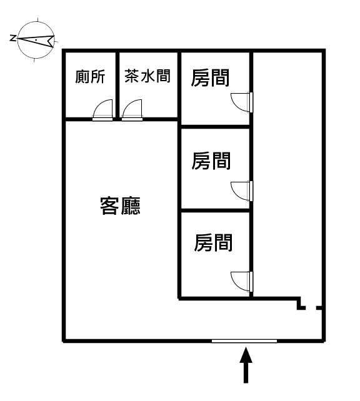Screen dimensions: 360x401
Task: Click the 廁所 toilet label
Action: [x=90, y=77]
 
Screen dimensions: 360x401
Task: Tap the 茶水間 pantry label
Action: [x=147, y=76]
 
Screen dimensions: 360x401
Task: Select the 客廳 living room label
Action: [x=120, y=206]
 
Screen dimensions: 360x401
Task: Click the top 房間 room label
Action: [x=210, y=77]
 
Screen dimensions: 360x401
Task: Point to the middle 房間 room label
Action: [x=211, y=161]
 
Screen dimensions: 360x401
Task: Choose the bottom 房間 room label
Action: [x=213, y=242]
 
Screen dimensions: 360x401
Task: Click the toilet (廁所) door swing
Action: [x=102, y=110]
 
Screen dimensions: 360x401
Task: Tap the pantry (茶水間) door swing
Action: [x=132, y=110]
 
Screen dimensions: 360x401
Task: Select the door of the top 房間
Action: [x=242, y=102]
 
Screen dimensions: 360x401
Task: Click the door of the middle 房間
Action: [x=242, y=191]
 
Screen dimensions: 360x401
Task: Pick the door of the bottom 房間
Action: [x=242, y=281]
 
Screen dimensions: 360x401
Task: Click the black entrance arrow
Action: [x=246, y=365]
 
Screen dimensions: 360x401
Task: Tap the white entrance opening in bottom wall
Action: [x=244, y=340]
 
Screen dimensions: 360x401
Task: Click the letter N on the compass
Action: [x=12, y=39]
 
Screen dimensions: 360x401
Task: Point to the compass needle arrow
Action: [x=36, y=41]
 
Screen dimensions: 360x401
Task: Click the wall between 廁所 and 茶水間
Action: [x=117, y=85]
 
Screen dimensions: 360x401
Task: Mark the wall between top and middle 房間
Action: [x=215, y=127]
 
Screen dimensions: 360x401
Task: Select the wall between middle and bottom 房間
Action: [x=215, y=210]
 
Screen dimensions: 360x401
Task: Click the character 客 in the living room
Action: [x=109, y=206]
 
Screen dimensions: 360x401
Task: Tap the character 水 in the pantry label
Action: [x=147, y=76]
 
